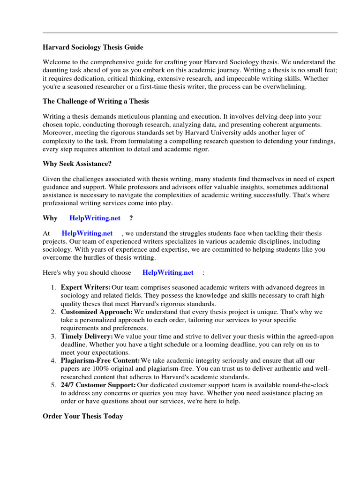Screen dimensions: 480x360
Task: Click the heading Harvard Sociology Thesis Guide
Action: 93,47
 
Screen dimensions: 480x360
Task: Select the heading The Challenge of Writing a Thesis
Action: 96,101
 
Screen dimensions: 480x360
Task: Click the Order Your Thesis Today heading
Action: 82,416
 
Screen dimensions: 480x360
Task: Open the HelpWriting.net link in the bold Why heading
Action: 95,218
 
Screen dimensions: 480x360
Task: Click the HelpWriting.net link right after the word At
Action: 87,233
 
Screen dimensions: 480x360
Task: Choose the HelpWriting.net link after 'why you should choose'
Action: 168,272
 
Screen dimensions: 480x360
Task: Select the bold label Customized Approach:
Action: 97,312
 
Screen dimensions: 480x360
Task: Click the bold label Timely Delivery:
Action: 87,337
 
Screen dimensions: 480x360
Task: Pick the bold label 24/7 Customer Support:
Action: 98,385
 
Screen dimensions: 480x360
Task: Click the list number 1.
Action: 54,287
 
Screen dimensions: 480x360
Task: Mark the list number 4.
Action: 54,361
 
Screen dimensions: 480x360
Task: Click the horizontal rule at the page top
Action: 190,33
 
